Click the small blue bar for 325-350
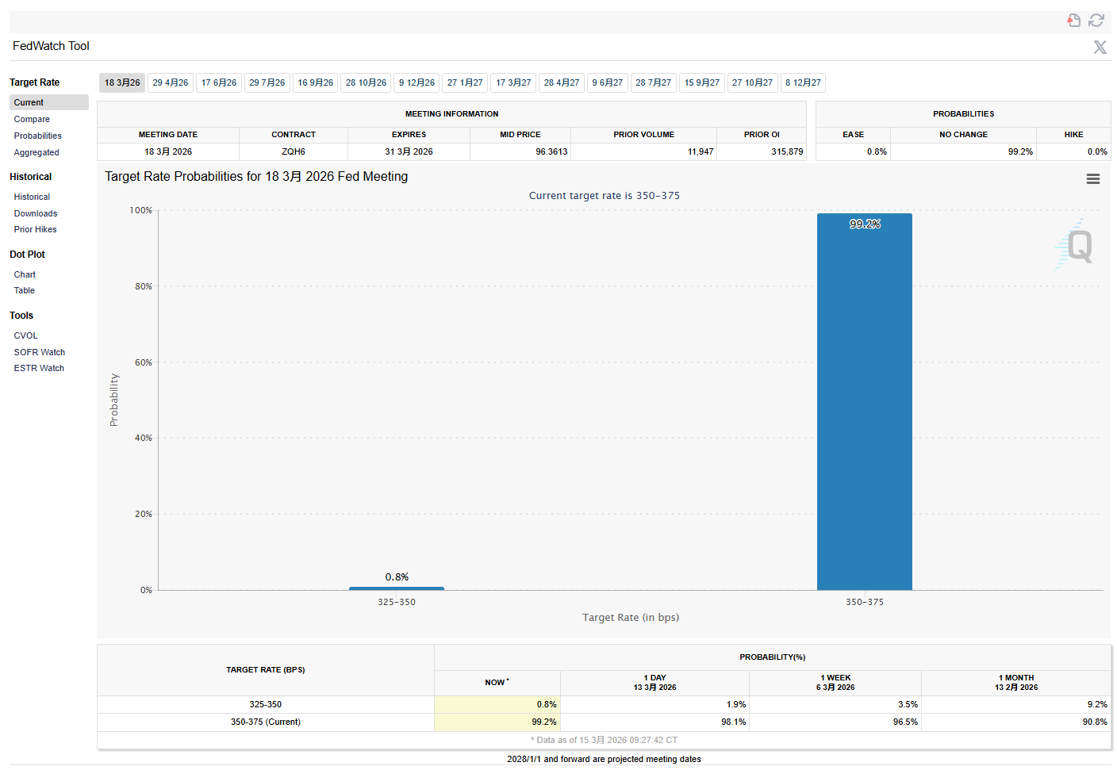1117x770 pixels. [396, 588]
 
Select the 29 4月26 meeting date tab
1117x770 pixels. [171, 82]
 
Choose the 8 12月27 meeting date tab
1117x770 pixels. [803, 82]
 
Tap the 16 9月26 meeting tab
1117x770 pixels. [315, 82]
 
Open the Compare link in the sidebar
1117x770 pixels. [32, 119]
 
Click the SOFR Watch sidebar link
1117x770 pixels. [40, 352]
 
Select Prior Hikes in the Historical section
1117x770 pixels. [36, 229]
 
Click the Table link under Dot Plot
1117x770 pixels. [25, 290]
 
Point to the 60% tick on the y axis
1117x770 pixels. [144, 362]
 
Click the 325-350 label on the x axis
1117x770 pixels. [397, 602]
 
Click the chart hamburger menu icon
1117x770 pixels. [1092, 179]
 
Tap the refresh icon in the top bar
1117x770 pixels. [1096, 21]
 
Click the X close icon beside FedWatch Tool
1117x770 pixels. [1100, 47]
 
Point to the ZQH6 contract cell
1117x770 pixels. [294, 151]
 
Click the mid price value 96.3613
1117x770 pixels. [551, 151]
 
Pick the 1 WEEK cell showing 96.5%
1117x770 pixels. [905, 722]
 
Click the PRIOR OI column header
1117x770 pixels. [762, 135]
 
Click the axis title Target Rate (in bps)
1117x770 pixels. [631, 617]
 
